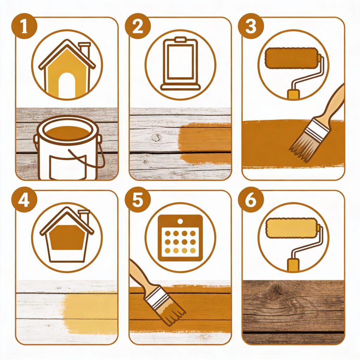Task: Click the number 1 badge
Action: [24, 26]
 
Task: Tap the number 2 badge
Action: [138, 26]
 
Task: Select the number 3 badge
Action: [251, 26]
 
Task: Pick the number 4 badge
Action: [24, 200]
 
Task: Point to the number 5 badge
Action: [138, 200]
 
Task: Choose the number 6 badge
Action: [251, 200]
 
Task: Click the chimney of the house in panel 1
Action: [84, 49]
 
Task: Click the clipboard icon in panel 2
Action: [180, 64]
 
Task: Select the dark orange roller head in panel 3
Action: [291, 58]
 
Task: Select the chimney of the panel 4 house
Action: [84, 216]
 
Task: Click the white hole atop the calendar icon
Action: [180, 221]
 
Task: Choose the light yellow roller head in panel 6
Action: [291, 228]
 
